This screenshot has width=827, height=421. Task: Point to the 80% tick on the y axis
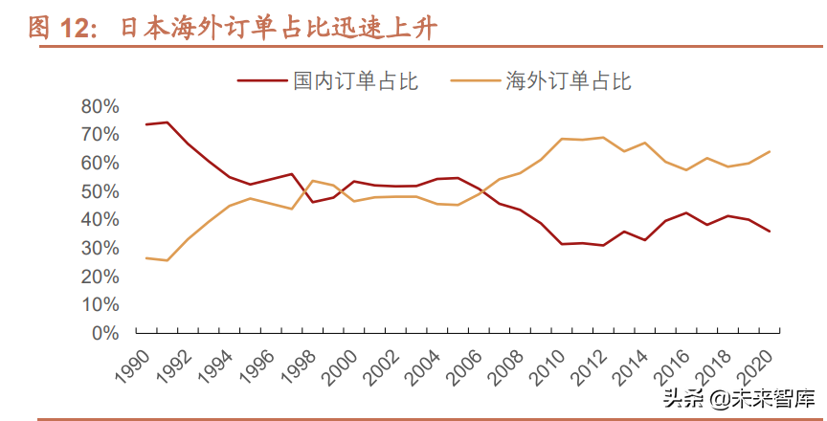pos(100,106)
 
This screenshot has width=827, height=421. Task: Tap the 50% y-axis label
pos(100,191)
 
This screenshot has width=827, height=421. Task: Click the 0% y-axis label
pos(105,333)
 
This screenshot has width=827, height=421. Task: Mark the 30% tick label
pos(100,248)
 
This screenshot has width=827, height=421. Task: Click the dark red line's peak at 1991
pos(167,122)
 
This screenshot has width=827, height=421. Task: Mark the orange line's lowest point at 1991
pos(167,260)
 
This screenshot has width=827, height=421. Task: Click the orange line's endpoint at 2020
pos(770,151)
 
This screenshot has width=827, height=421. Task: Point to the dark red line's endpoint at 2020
pos(770,232)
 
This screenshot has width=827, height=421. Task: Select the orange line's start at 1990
pos(145,257)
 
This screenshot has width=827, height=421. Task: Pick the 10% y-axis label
pos(100,304)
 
